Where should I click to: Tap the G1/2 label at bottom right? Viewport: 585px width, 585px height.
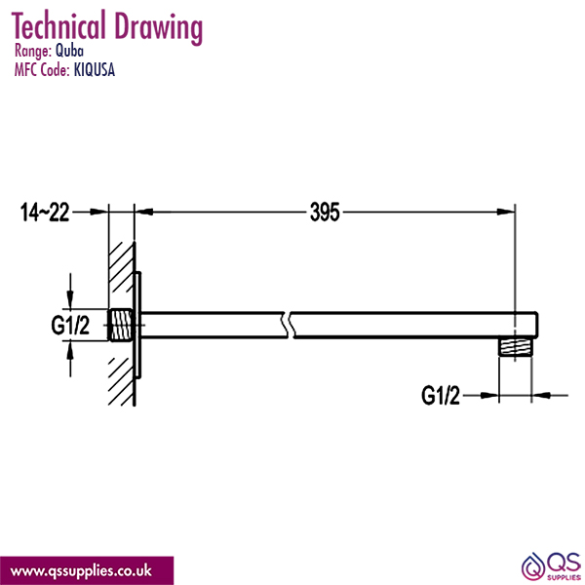coord(442,395)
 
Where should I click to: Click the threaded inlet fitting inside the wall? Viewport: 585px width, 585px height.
coord(121,326)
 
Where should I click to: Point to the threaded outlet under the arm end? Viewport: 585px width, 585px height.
coord(516,347)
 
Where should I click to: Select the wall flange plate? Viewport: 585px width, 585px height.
coord(139,325)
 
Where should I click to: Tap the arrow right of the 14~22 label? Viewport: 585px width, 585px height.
coord(97,211)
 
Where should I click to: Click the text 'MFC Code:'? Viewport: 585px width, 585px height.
coord(42,69)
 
